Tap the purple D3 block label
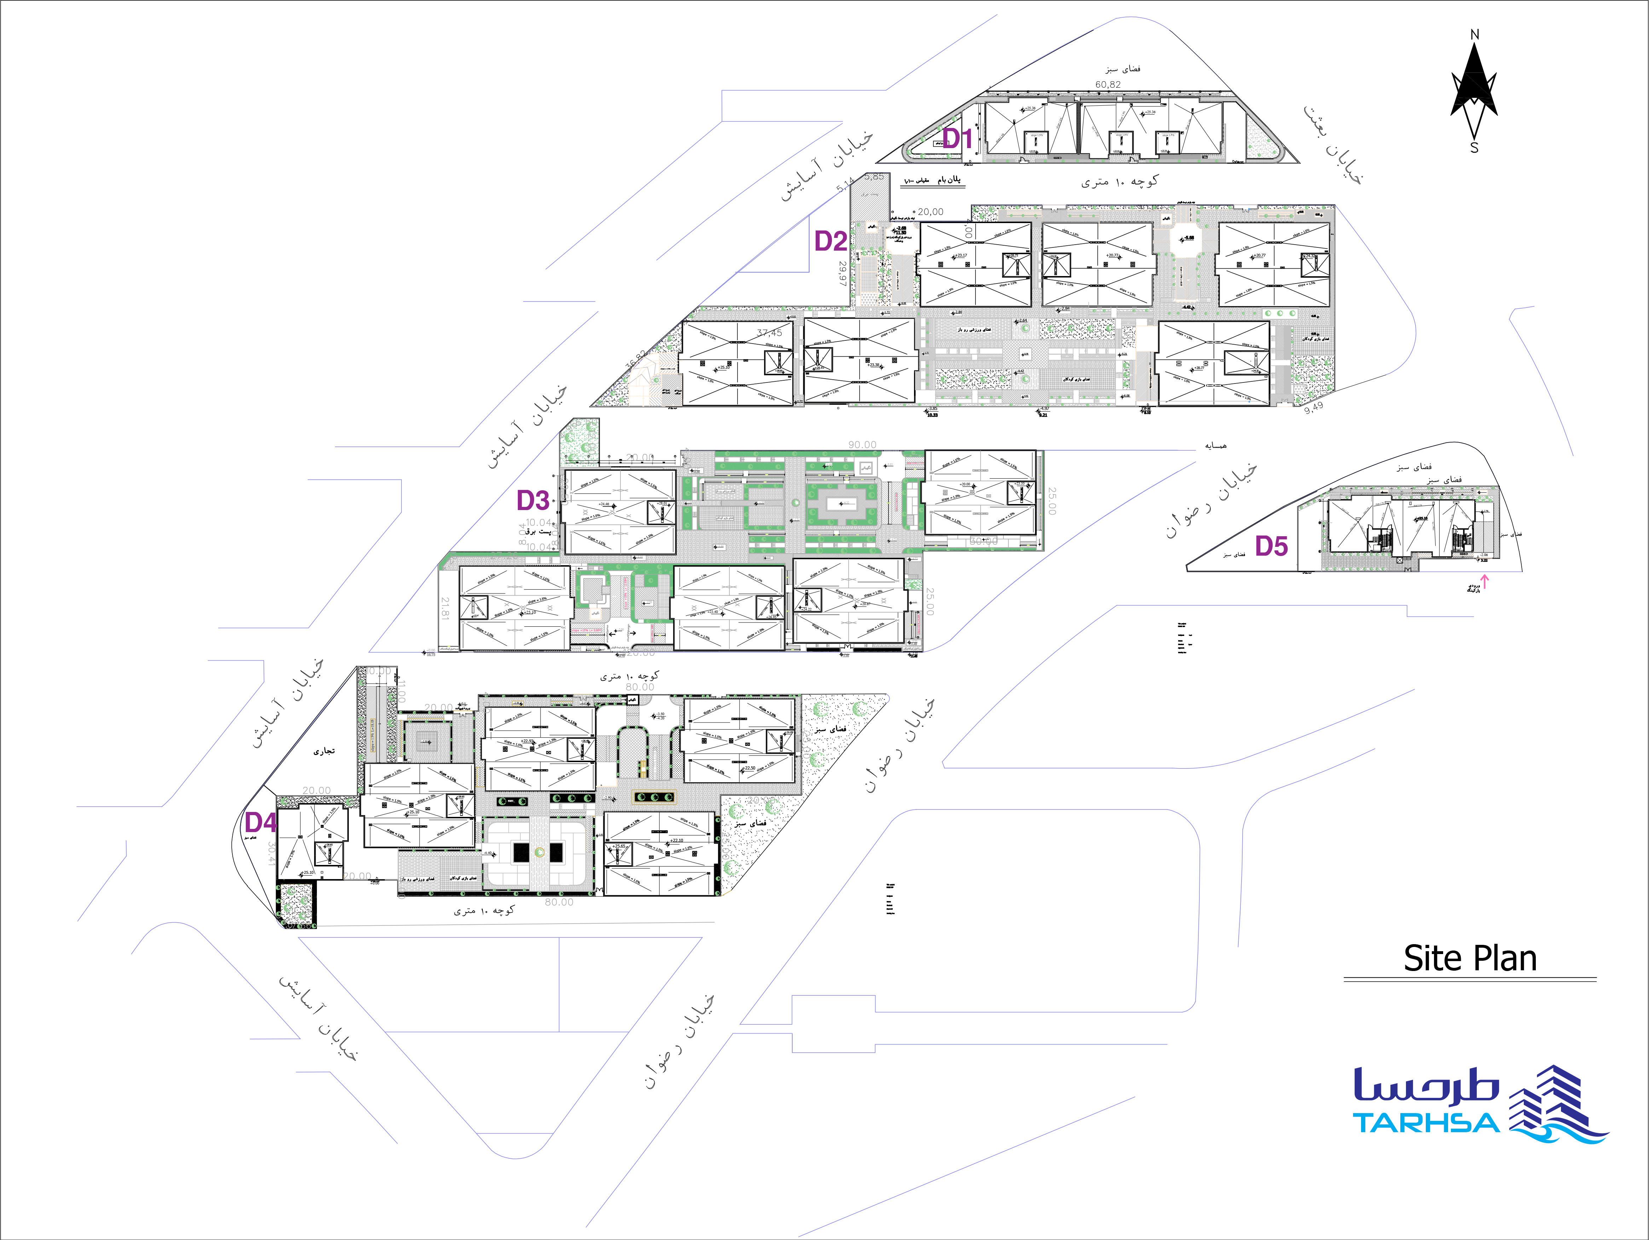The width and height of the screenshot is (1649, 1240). coord(533,500)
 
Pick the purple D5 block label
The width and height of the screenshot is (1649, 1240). coord(1271,546)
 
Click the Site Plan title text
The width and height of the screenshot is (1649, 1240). coord(1469,958)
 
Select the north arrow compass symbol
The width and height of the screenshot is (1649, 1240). coord(1474,89)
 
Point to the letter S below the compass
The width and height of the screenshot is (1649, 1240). coord(1474,147)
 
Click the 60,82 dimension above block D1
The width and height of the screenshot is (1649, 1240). coord(1108,84)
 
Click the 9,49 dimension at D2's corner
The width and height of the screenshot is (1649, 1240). coord(1314,407)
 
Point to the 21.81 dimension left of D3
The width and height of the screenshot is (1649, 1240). coord(445,607)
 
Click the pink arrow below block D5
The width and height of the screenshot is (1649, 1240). coord(1483,581)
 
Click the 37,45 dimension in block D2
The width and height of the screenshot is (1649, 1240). coord(769,333)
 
